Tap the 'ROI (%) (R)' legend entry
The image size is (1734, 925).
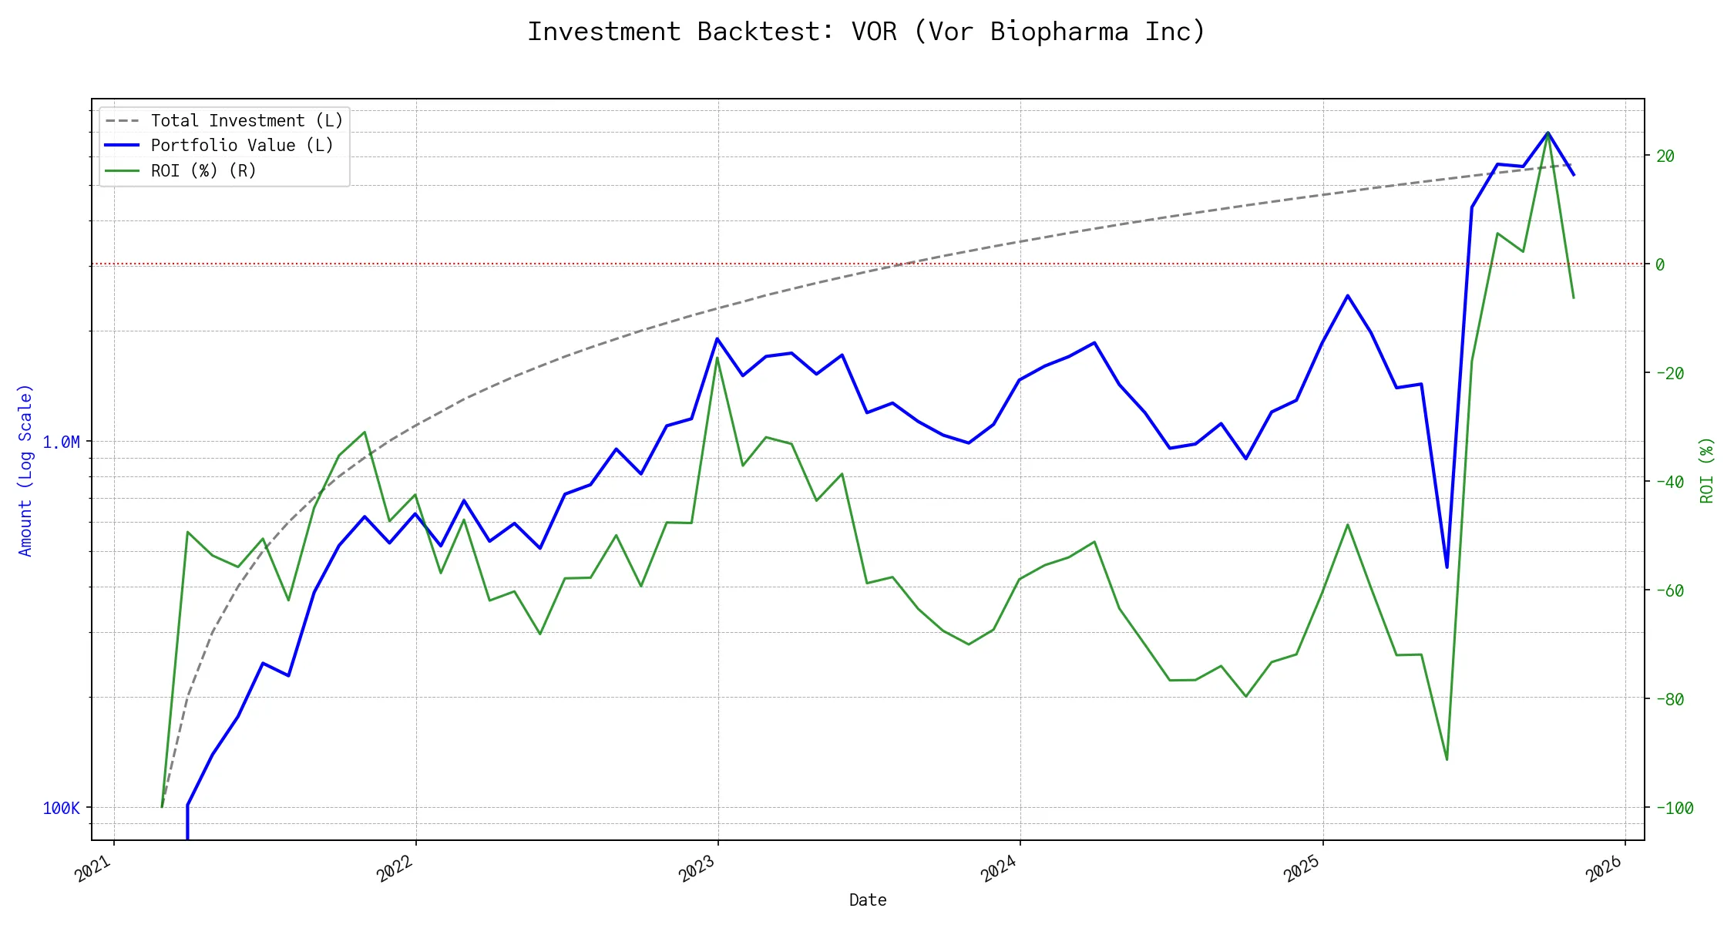point(203,170)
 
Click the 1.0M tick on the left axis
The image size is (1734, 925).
point(61,442)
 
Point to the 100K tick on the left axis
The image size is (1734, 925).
point(61,809)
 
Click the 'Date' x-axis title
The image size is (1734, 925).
point(868,900)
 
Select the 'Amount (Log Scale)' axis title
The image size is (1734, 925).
point(25,470)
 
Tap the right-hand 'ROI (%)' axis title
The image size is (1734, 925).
point(1707,470)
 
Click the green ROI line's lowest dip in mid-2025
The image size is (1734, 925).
point(1447,759)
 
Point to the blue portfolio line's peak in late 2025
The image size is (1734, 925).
point(1547,133)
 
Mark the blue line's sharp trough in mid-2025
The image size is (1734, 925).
point(1447,567)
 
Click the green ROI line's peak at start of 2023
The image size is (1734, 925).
point(717,358)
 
